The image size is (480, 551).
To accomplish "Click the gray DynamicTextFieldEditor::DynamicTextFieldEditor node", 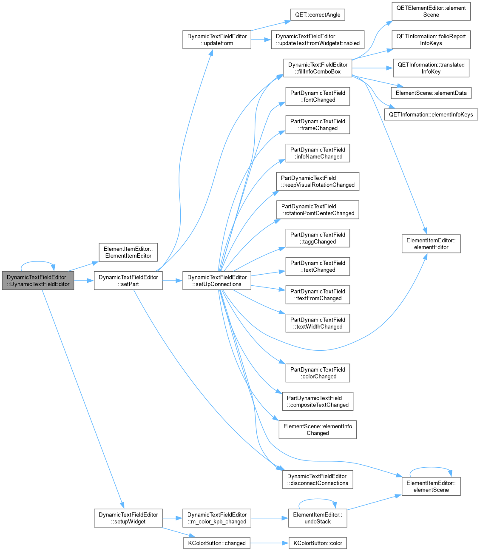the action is point(38,280).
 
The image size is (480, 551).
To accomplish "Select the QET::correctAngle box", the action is point(318,14).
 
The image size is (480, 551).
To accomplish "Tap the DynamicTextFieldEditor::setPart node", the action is point(128,280).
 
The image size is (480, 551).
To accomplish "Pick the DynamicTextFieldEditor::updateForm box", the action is point(217,40).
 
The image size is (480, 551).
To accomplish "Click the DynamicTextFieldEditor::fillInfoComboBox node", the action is point(318,68).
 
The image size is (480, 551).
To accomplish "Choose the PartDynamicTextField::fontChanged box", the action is point(318,96).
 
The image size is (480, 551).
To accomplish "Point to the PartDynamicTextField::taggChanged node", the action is point(318,238).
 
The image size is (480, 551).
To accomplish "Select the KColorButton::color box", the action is point(318,543).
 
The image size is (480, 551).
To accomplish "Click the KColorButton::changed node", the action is point(217,543).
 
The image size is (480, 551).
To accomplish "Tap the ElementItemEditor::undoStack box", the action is point(318,518).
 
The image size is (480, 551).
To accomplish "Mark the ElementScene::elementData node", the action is point(431,93).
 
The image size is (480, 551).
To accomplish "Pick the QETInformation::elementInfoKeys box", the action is point(431,114).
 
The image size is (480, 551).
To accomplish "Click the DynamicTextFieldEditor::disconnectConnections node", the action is point(318,480).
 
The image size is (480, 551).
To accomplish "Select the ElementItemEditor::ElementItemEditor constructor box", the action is point(128,252).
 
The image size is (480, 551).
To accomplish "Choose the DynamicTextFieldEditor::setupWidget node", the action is point(128,518).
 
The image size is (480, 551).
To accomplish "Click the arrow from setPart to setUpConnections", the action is point(172,280).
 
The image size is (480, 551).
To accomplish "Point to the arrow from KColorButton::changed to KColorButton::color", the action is point(270,543).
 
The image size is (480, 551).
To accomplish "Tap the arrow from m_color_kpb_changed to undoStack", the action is point(270,518).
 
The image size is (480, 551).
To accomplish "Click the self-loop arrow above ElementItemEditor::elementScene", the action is point(431,467).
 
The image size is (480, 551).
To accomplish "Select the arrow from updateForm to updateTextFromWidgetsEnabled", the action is point(261,40).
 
